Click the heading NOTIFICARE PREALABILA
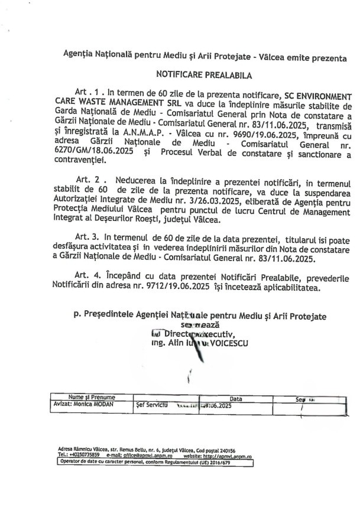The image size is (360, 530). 195,76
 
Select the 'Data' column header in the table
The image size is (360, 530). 236,398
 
